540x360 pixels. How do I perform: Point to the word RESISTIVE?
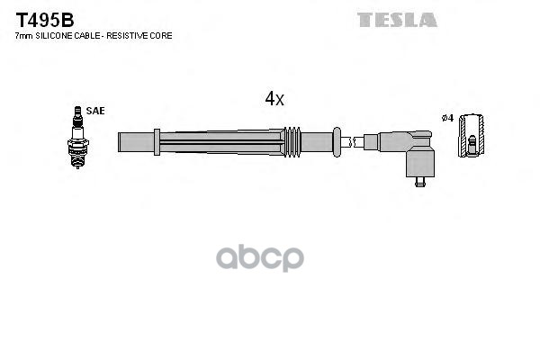click(x=133, y=35)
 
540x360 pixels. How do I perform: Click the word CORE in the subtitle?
click(x=163, y=35)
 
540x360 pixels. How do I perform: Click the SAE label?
click(x=96, y=111)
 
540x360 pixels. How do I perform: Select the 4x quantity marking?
click(x=274, y=100)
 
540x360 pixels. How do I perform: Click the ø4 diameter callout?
click(x=447, y=119)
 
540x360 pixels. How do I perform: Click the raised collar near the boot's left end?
click(x=157, y=141)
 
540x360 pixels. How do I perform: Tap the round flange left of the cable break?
click(x=336, y=140)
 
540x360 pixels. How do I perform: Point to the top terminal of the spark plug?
click(x=76, y=110)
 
